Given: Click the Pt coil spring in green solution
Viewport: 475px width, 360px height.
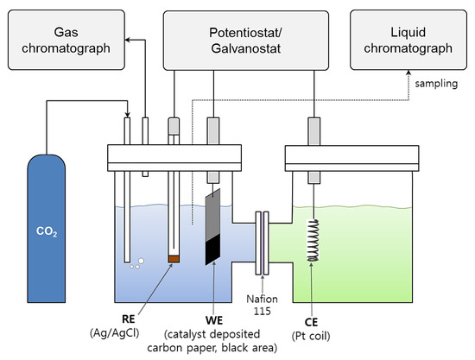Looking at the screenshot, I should coord(310,237).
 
